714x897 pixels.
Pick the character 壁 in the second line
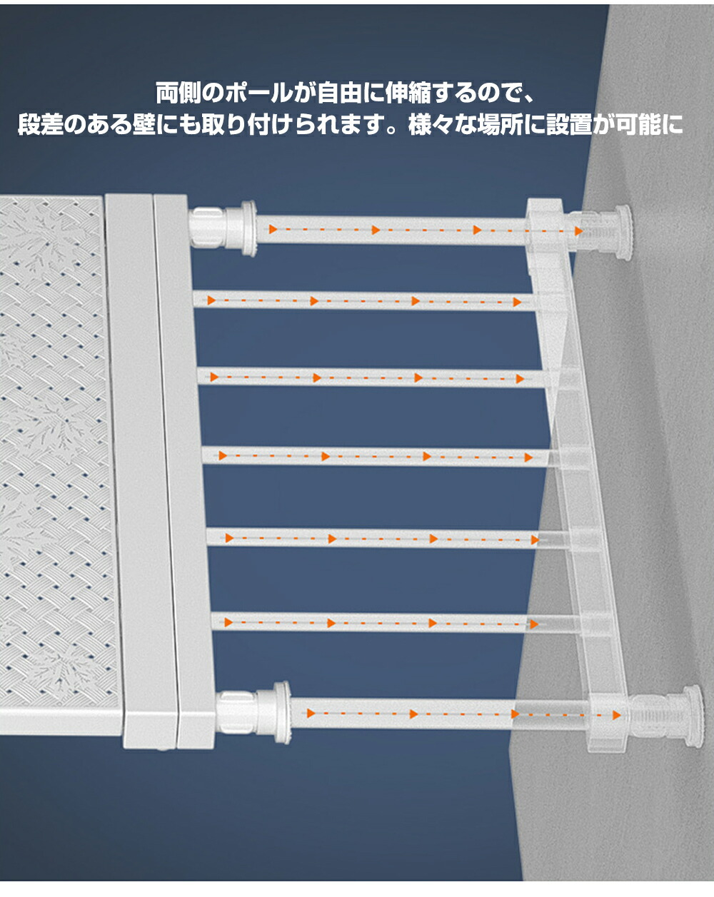click(144, 124)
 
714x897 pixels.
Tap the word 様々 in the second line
click(431, 124)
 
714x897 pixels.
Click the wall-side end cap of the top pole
click(623, 232)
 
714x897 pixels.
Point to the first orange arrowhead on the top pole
click(273, 229)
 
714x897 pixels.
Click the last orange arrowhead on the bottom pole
click(616, 715)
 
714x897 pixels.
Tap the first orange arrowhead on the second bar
click(211, 300)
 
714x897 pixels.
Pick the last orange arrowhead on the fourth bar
click(528, 457)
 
